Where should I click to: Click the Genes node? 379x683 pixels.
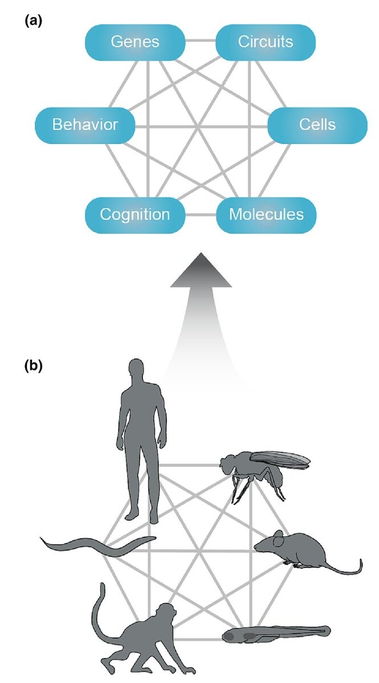pos(135,41)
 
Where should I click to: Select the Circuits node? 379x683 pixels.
pos(265,41)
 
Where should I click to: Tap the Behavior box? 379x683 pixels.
pos(85,124)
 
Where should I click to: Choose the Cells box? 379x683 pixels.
pos(317,124)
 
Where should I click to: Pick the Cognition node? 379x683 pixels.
pos(135,215)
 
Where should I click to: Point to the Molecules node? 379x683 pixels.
pos(266,215)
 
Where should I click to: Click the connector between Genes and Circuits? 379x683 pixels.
pos(200,41)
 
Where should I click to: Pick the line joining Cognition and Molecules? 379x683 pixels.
pos(200,215)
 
